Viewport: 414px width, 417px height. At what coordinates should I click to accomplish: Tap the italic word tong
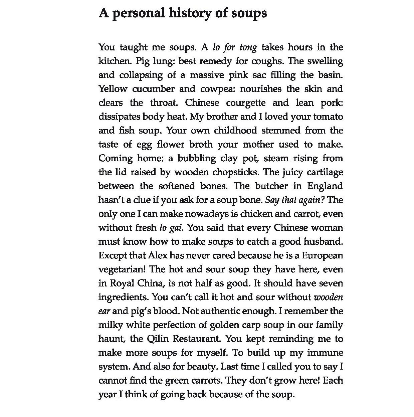click(248, 47)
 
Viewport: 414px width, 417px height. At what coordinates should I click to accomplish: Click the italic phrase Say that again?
click(295, 200)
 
